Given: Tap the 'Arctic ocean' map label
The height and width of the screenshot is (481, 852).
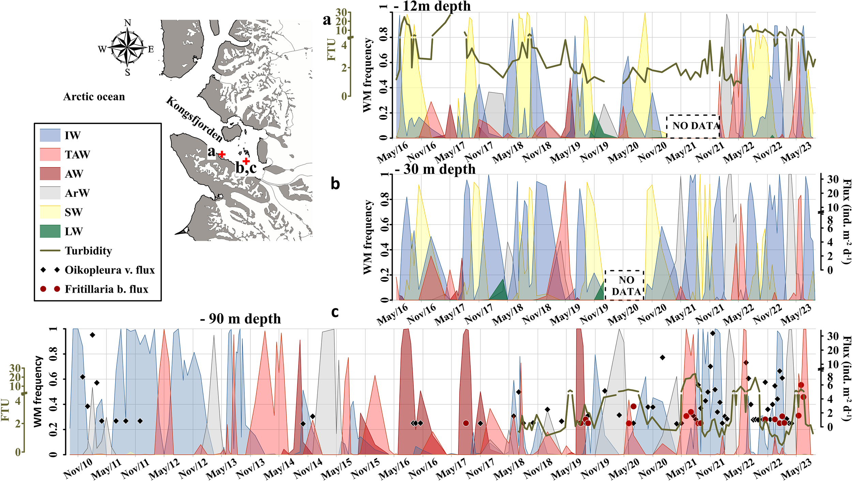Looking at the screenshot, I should click(94, 97).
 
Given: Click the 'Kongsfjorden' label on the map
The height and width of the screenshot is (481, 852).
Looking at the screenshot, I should click(194, 119).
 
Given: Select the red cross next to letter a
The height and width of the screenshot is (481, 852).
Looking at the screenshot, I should click(222, 154).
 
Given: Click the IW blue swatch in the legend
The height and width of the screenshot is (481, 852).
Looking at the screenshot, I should click(50, 135).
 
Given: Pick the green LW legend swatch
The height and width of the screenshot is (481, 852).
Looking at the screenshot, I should click(50, 231).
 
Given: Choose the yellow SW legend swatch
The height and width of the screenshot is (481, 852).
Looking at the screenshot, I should click(50, 212).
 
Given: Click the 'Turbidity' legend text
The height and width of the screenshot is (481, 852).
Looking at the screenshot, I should click(88, 251).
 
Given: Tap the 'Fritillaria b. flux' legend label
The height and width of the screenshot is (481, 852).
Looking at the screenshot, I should click(106, 289).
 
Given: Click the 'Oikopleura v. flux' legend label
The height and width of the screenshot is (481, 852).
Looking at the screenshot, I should click(109, 270).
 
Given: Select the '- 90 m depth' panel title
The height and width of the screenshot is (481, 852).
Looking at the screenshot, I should click(241, 319).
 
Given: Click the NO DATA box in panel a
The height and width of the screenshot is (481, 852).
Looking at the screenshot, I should click(693, 126).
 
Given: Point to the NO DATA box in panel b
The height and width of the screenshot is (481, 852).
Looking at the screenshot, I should click(624, 285).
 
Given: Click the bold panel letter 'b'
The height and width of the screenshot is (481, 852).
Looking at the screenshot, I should click(335, 184).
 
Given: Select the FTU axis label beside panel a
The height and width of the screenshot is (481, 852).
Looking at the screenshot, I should click(331, 50).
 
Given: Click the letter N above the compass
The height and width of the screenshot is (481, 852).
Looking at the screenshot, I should click(127, 23).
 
